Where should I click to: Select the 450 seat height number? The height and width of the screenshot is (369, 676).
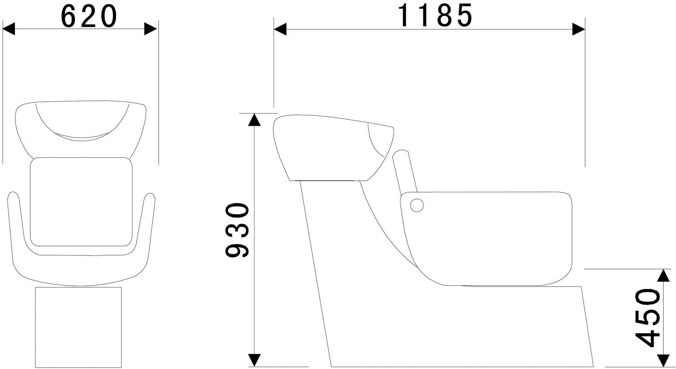click(648, 317)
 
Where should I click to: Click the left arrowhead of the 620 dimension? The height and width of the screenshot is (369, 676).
click(9, 29)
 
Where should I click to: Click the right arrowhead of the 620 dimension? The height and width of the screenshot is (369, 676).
click(150, 29)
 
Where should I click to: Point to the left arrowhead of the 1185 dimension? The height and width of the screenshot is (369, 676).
click(280, 29)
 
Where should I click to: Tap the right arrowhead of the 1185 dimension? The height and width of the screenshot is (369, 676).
click(579, 29)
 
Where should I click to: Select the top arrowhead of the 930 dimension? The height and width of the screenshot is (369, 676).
click(254, 119)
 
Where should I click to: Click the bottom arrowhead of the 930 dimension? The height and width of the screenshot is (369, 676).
click(254, 360)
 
